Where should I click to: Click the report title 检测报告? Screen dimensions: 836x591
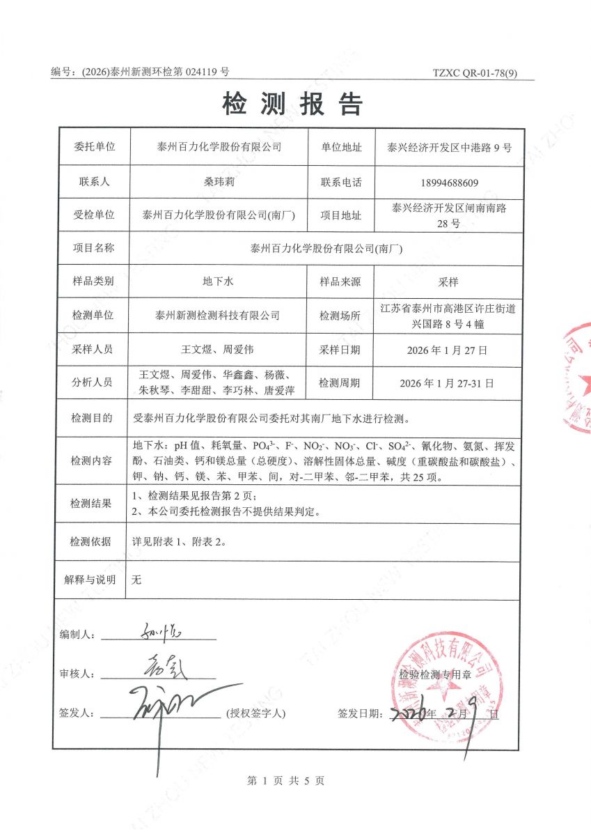pyautogui.click(x=292, y=104)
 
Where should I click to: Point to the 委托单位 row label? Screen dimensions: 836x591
pyautogui.click(x=94, y=148)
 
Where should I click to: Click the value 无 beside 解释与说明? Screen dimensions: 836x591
pyautogui.click(x=136, y=580)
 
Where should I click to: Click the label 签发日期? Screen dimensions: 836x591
pyautogui.click(x=359, y=713)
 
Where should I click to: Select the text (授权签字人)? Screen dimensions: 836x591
pyautogui.click(x=255, y=713)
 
